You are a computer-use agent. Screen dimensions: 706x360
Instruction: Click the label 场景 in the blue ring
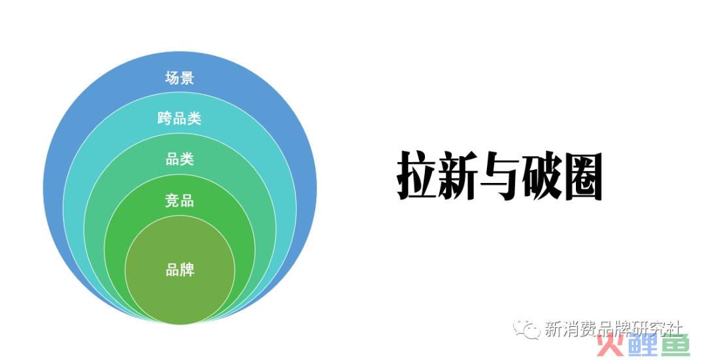coord(179,78)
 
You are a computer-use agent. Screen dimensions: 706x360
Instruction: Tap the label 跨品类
coord(179,118)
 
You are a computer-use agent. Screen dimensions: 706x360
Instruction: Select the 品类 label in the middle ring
coord(179,159)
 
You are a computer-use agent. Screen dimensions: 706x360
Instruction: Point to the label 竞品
coord(179,200)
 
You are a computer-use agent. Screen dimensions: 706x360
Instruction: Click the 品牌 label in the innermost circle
coord(180,270)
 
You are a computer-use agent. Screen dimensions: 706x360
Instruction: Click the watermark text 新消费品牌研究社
coord(614,329)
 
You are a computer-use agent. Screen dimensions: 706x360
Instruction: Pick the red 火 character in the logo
coord(611,345)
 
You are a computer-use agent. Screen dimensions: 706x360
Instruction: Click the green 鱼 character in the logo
coord(675,345)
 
